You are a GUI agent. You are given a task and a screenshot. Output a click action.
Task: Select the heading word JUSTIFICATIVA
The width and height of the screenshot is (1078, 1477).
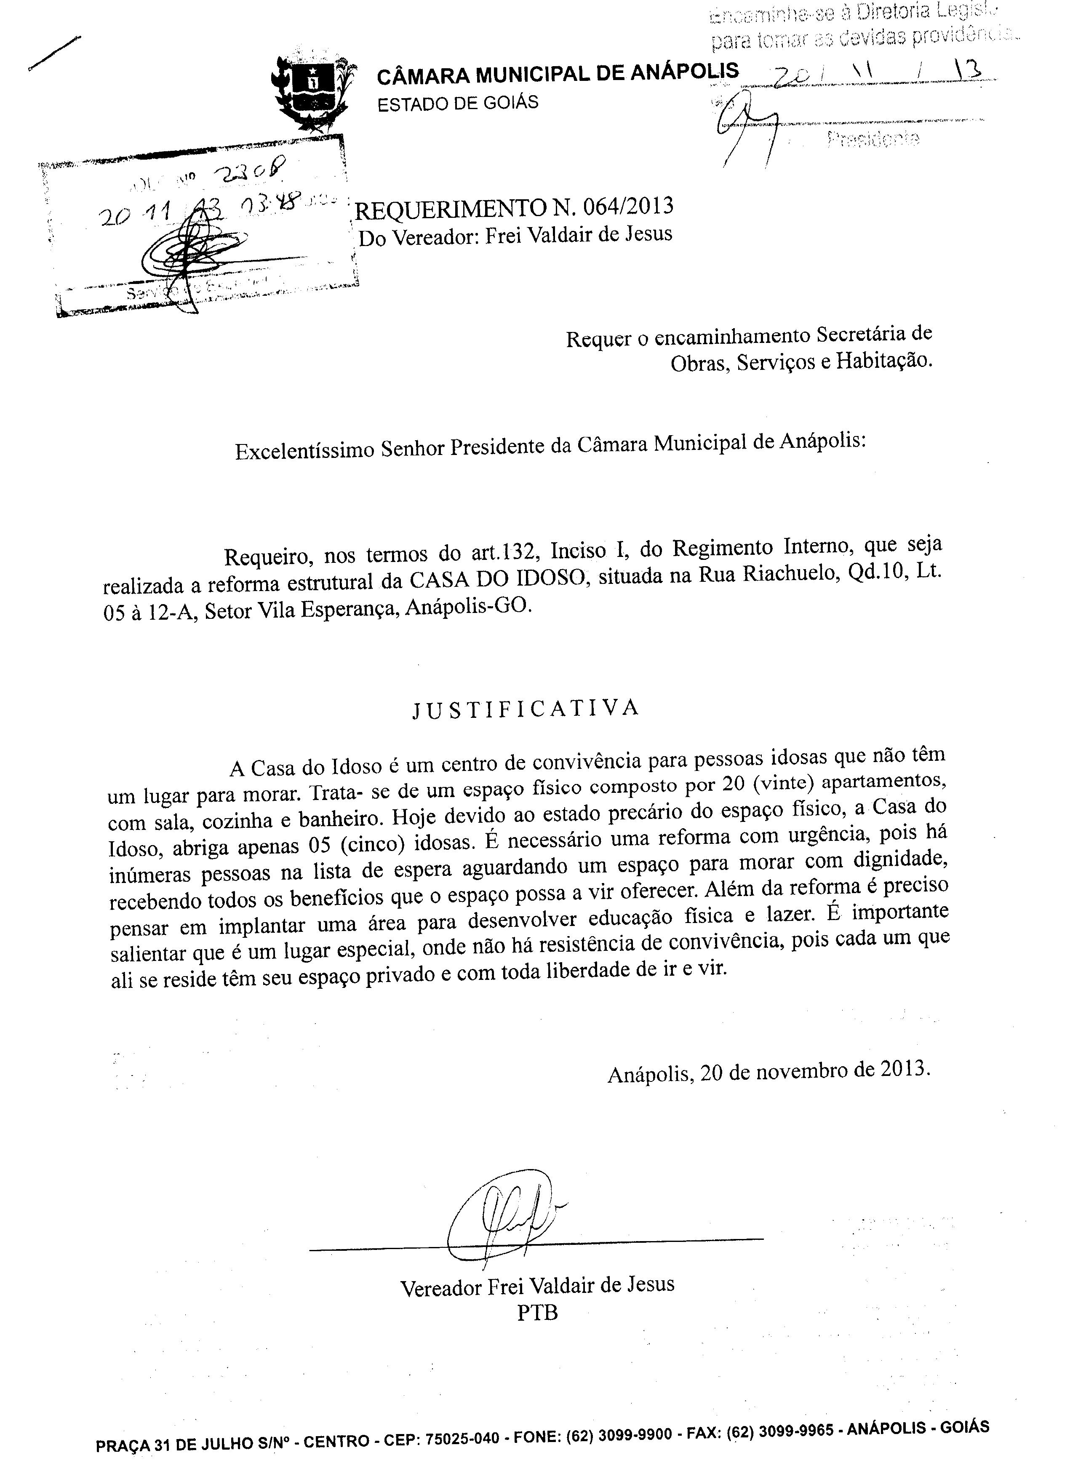[525, 709]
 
